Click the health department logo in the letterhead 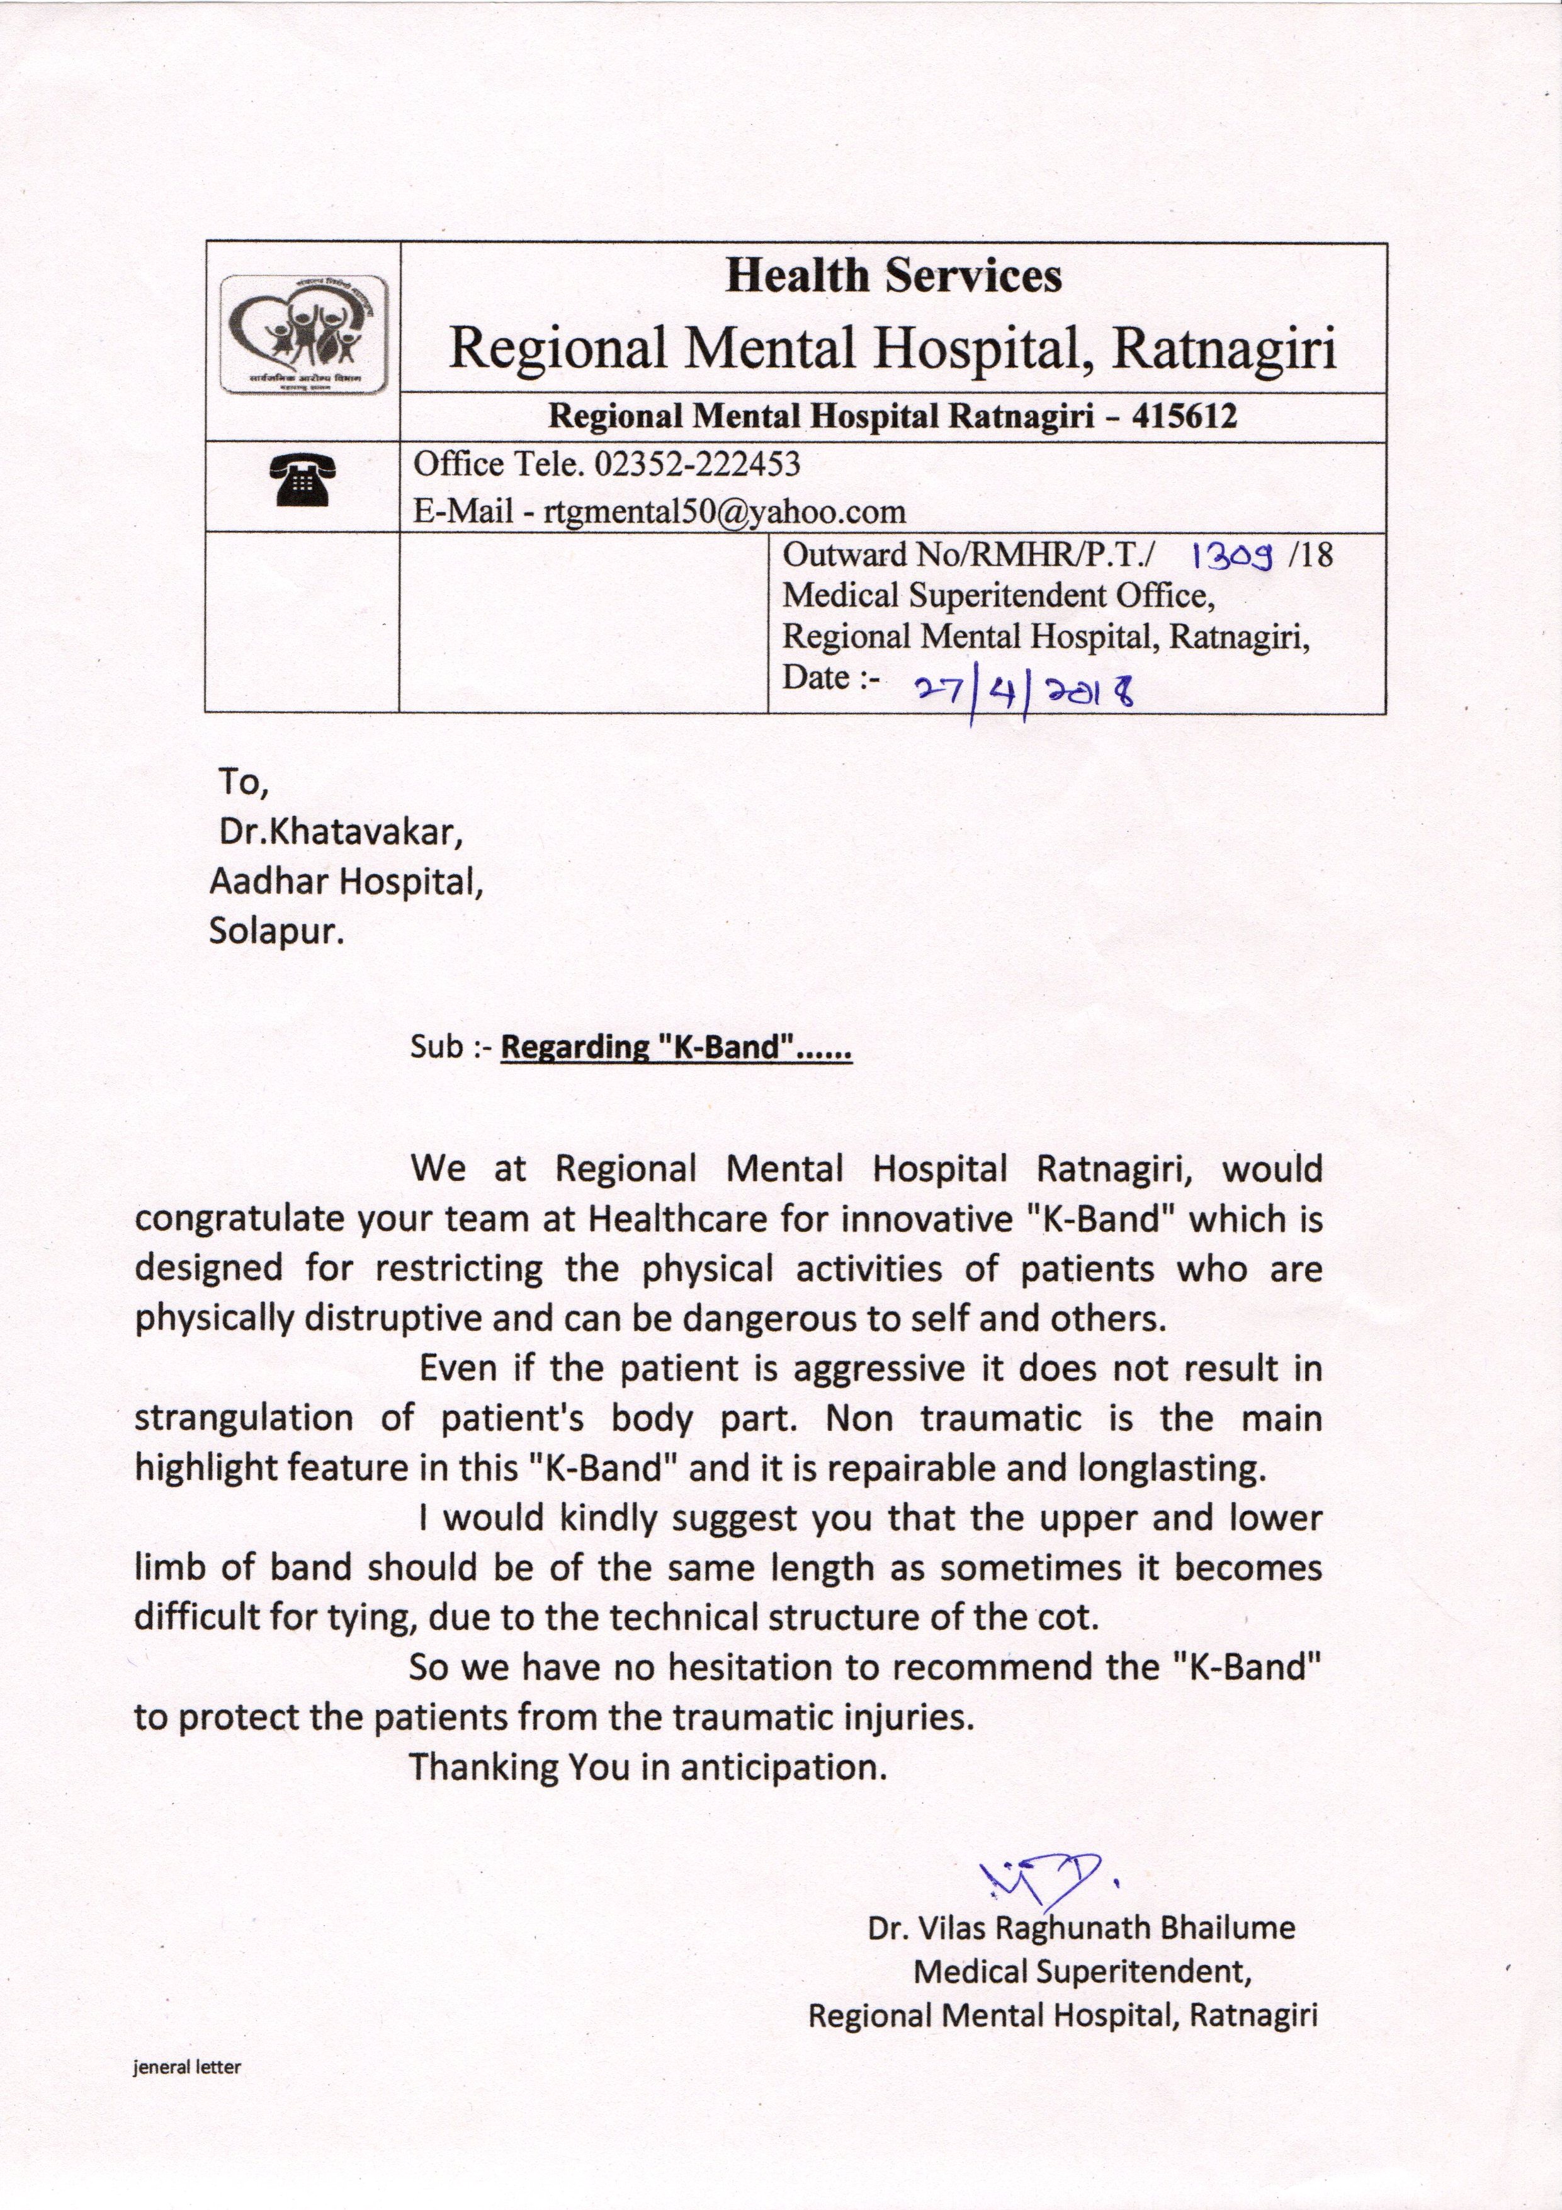click(x=303, y=334)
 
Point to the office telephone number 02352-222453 click(x=698, y=464)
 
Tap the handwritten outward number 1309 click(x=1233, y=555)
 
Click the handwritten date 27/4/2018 click(x=1023, y=690)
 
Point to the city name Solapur click(x=276, y=931)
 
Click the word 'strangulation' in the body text click(x=244, y=1418)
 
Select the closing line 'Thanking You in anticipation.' click(x=647, y=1767)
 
